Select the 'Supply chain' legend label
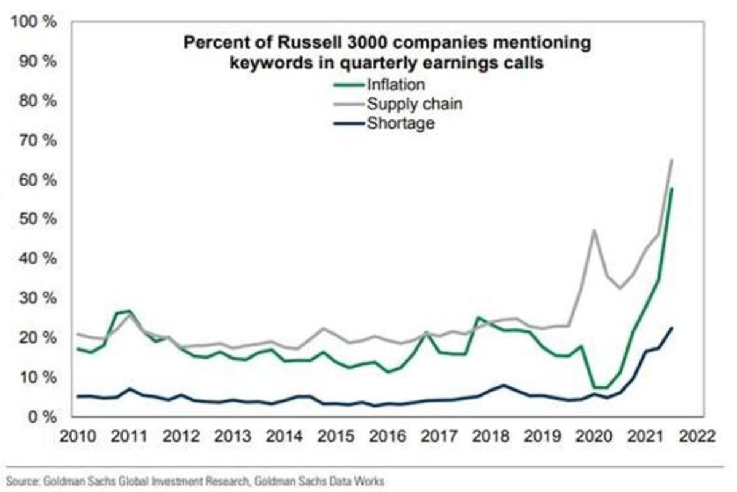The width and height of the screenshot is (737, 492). click(x=413, y=103)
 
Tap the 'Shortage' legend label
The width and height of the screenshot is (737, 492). click(x=400, y=124)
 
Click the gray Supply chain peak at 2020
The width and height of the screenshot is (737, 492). click(x=594, y=230)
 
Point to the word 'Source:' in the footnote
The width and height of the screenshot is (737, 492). click(x=22, y=482)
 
